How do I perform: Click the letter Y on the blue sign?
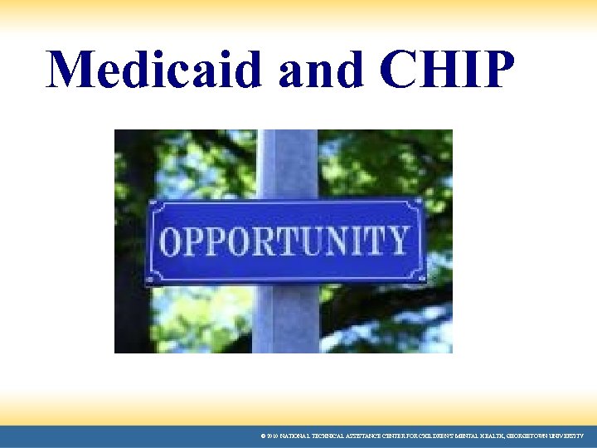click(x=397, y=241)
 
